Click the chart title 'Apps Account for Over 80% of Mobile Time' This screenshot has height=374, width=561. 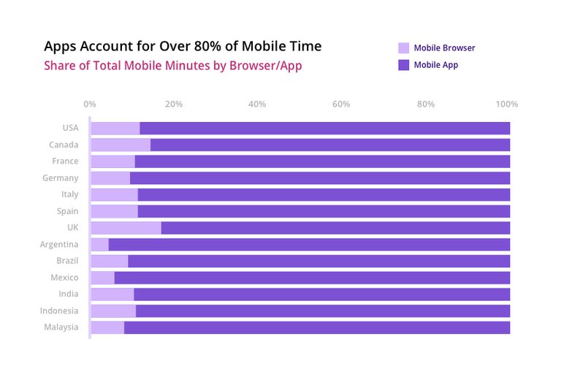point(182,47)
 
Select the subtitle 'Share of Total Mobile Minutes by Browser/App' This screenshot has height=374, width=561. point(172,66)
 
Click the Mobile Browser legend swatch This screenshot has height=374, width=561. point(403,48)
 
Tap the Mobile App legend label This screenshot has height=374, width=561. point(436,65)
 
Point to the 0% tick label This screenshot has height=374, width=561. point(90,104)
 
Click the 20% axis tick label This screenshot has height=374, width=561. point(173,104)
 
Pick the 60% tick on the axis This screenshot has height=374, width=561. point(341,104)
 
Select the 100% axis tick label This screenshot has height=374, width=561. point(507,104)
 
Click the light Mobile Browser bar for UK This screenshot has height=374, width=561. point(125,228)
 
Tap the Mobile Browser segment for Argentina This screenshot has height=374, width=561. point(99,245)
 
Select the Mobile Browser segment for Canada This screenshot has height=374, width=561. point(120,145)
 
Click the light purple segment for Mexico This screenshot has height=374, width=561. point(102,278)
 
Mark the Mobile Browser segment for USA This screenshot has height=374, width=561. point(115,129)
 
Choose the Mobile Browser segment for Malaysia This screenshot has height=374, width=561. point(107,327)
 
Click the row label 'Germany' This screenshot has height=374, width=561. point(61,178)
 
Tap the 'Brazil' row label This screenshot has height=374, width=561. point(66,261)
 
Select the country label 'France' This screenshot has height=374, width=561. point(65,161)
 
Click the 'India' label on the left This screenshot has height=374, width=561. point(68,294)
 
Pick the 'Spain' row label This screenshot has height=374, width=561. point(66,211)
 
